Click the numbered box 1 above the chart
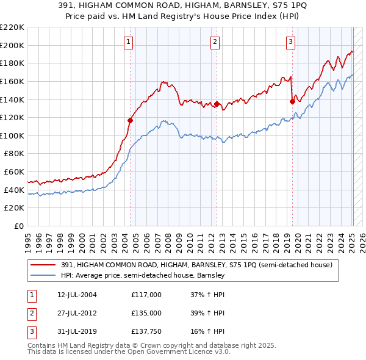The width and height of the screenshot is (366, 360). pyautogui.click(x=130, y=42)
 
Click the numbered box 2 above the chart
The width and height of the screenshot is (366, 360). pyautogui.click(x=216, y=42)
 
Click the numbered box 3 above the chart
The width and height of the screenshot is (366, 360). pyautogui.click(x=291, y=42)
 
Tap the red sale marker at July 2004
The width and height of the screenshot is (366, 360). pyautogui.click(x=130, y=120)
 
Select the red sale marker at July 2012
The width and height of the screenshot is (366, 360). pyautogui.click(x=217, y=104)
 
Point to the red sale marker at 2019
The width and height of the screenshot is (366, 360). pyautogui.click(x=292, y=101)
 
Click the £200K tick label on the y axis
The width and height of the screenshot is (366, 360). pyautogui.click(x=12, y=45)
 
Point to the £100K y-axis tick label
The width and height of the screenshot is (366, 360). pyautogui.click(x=12, y=135)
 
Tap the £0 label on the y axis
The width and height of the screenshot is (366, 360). pyautogui.click(x=18, y=226)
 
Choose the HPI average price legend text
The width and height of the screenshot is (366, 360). pyautogui.click(x=143, y=275)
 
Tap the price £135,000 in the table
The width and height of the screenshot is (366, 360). pyautogui.click(x=146, y=313)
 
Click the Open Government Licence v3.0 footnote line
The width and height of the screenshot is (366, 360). pyautogui.click(x=129, y=352)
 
